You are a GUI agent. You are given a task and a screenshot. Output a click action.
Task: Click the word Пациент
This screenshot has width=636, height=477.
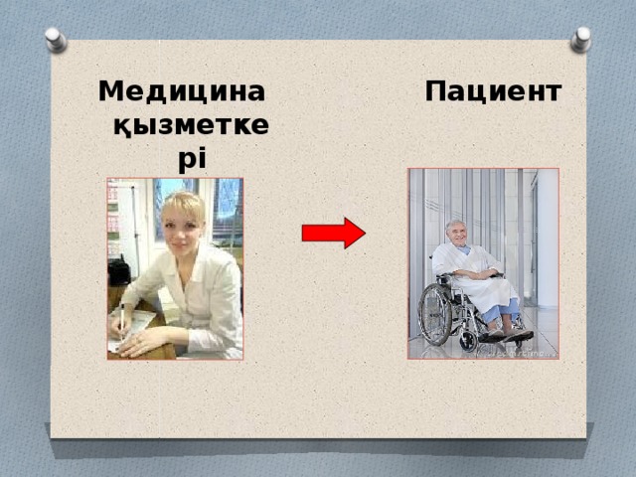coord(493,92)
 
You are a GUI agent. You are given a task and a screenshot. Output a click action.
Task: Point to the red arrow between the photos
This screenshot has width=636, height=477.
coord(333,233)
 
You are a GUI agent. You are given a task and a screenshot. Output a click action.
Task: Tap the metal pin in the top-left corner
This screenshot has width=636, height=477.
coord(56,39)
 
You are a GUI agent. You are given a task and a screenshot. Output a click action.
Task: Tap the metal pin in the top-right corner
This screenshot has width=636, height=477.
coord(580,39)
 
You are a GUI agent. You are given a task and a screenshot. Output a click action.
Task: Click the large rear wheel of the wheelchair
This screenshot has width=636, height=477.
coord(435,314)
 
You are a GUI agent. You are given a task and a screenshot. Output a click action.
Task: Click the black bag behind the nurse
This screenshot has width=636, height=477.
coord(119,269)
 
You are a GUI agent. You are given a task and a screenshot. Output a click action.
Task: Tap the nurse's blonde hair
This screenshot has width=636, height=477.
coord(183,205)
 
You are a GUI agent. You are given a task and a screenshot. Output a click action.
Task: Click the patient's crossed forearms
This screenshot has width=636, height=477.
coord(477,271)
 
